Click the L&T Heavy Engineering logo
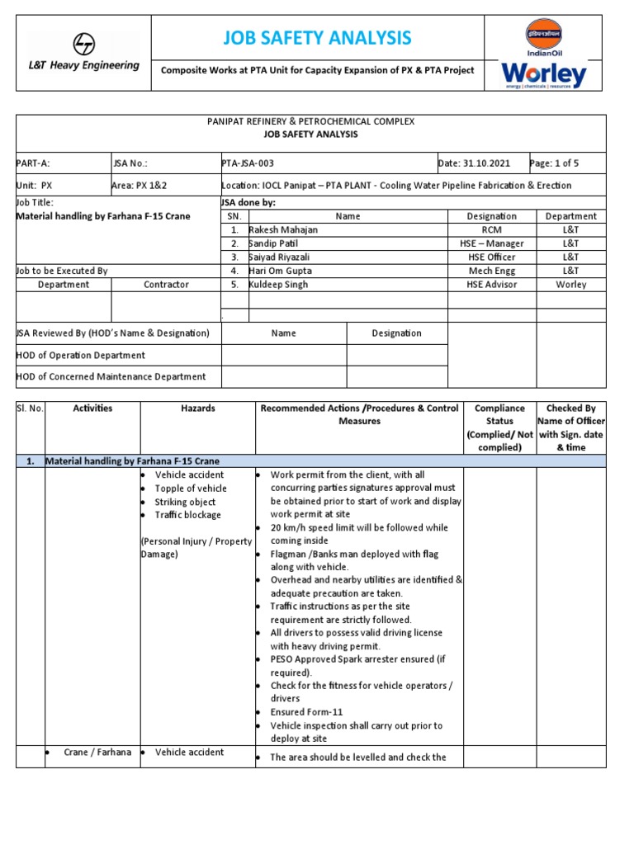point(83,52)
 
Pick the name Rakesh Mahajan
point(283,229)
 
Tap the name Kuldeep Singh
point(278,285)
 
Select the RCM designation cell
point(491,229)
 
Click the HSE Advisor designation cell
point(491,285)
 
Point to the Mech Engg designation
point(491,271)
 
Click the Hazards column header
point(198,408)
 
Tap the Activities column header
point(92,408)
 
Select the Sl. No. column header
point(30,408)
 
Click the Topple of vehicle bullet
point(191,489)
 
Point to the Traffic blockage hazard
point(188,515)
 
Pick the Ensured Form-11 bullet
point(306,712)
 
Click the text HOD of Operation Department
point(81,356)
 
